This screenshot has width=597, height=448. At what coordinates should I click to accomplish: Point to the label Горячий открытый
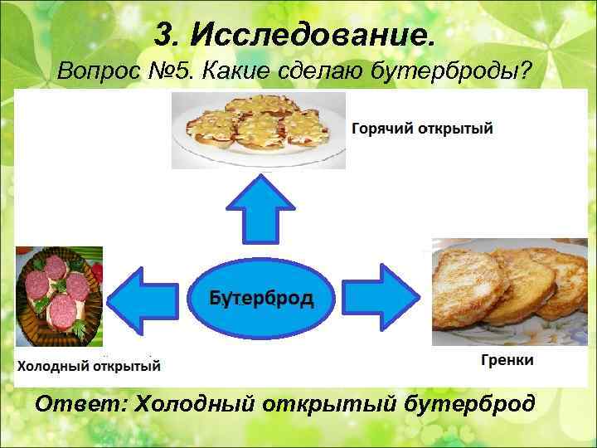[x=423, y=129]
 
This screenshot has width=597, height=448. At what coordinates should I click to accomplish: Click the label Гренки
[x=507, y=360]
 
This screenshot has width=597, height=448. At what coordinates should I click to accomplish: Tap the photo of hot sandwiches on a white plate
[x=259, y=129]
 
